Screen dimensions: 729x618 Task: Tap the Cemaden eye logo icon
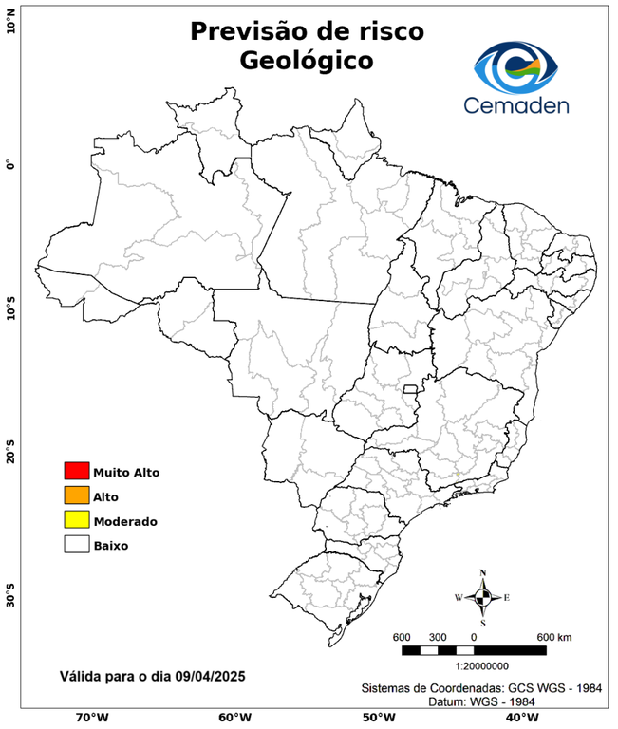[517, 67]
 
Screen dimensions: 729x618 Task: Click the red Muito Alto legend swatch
[76, 471]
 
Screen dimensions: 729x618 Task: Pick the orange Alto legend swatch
[76, 495]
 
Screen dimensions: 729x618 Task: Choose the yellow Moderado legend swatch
[76, 520]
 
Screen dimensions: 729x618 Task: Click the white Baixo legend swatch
[76, 545]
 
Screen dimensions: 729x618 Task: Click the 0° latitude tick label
[10, 164]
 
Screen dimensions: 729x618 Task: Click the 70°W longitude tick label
[92, 717]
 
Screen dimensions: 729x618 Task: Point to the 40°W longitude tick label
[519, 717]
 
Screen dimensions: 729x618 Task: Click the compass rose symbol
[482, 597]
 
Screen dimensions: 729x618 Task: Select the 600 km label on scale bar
[554, 636]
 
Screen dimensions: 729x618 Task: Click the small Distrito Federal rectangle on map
[411, 389]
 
